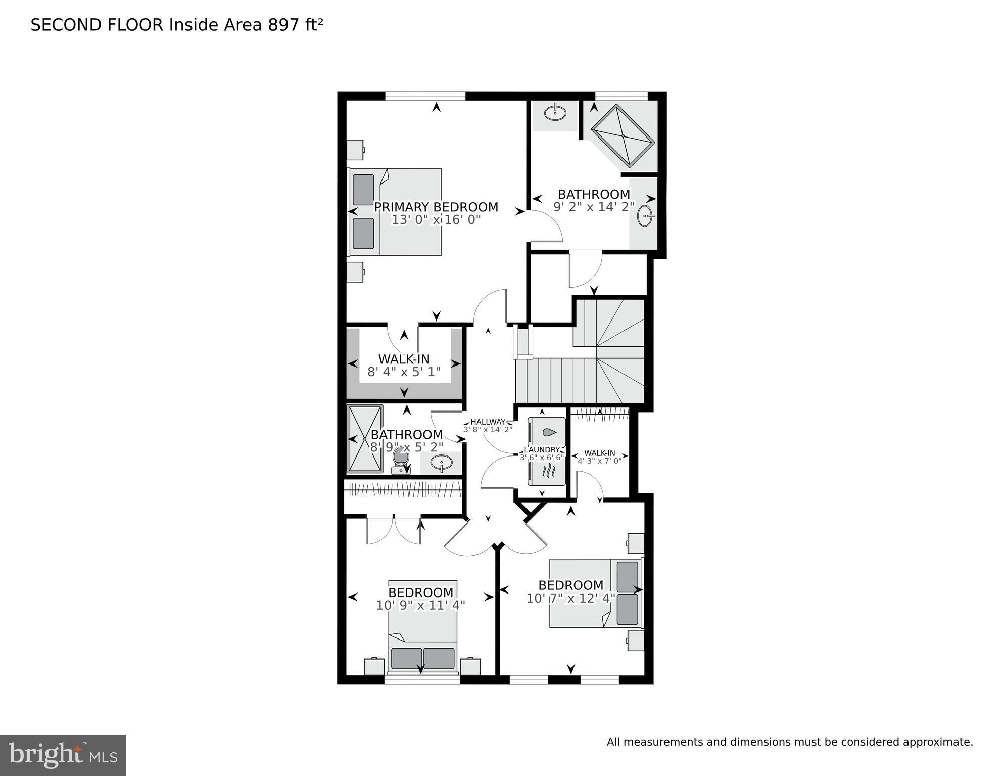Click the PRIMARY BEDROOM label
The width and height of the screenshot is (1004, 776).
(436, 207)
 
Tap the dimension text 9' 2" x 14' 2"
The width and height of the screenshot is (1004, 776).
(594, 207)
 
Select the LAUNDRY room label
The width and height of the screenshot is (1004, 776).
(542, 450)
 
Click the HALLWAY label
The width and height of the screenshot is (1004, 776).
(488, 422)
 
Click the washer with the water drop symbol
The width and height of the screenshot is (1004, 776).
(547, 432)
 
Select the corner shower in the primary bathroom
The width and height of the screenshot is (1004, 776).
(623, 135)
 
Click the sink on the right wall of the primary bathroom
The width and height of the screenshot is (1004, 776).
(645, 216)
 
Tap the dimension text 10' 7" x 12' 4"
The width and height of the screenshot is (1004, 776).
(570, 599)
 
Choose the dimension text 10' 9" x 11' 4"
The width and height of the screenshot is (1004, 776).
(420, 605)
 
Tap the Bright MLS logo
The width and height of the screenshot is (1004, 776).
(63, 755)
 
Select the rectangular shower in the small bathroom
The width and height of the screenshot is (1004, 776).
(364, 438)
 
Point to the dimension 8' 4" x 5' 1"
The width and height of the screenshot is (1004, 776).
(404, 372)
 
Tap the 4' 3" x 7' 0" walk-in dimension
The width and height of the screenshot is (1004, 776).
(599, 461)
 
